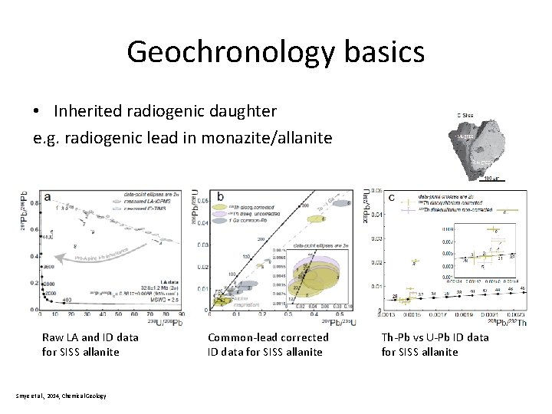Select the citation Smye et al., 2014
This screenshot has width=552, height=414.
click(x=60, y=396)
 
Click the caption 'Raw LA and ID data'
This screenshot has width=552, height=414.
click(x=90, y=337)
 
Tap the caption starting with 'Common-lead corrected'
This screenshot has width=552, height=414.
click(x=268, y=337)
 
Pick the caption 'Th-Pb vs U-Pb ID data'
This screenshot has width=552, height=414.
click(x=435, y=337)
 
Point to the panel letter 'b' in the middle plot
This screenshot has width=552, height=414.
click(x=221, y=196)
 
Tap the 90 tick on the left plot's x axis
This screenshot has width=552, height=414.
click(x=181, y=314)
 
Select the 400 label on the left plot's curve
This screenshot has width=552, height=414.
click(x=67, y=300)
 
